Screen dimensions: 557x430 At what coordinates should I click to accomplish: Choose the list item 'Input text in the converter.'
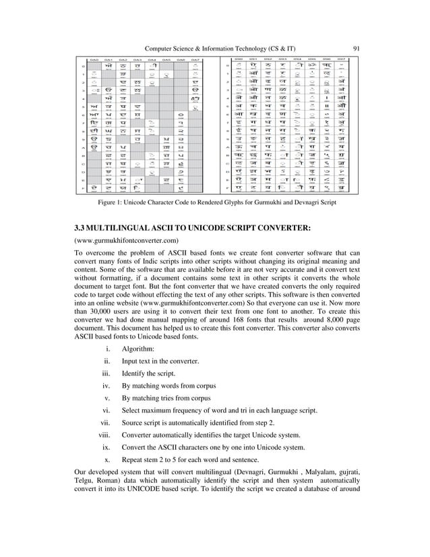click(160, 361)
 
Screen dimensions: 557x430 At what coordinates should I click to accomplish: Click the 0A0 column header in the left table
click(96, 59)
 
